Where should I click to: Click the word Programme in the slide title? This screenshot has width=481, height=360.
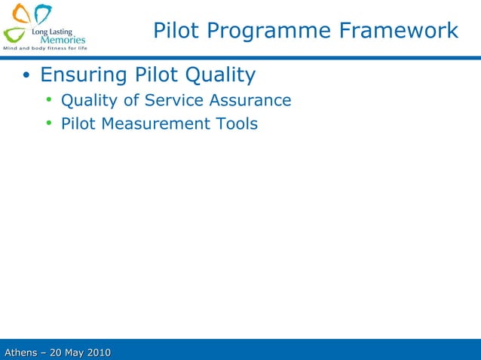[268, 32]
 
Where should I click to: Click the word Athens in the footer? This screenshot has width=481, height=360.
[22, 352]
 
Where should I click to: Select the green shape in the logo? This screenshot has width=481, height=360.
[14, 34]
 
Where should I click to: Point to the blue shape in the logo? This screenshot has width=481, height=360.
[44, 14]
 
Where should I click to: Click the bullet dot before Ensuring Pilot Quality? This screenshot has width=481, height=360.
[26, 76]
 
